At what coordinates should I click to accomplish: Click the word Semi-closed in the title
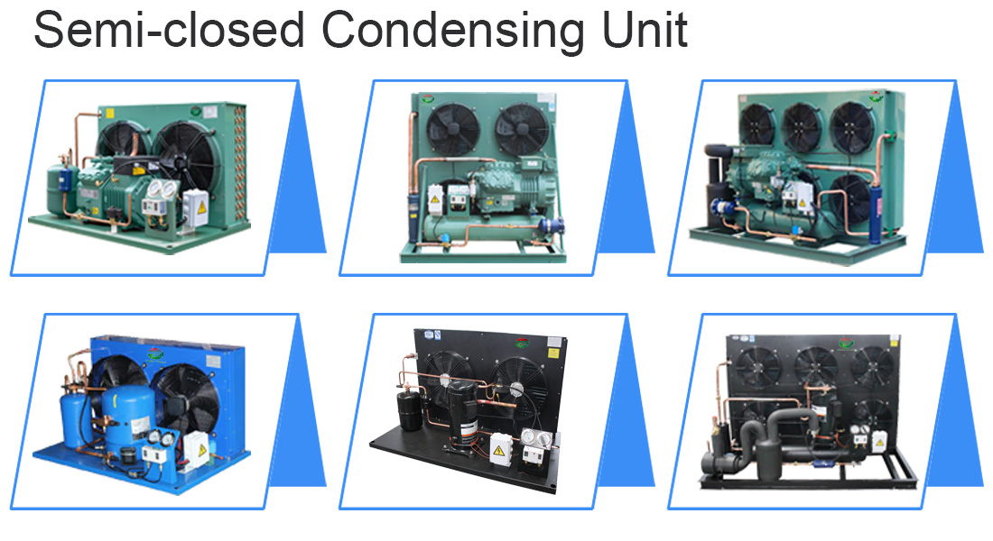point(169,29)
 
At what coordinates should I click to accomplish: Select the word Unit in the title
point(645,29)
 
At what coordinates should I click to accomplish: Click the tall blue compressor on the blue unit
point(128,417)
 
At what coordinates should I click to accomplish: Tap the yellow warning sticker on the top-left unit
point(202,206)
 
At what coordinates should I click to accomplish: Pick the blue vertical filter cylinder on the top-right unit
point(876,212)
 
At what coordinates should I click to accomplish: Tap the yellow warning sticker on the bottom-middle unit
point(499,451)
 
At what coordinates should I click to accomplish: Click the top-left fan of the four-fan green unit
point(757,124)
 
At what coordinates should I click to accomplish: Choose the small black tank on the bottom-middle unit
point(409,410)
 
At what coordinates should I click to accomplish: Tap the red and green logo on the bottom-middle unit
point(522,344)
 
